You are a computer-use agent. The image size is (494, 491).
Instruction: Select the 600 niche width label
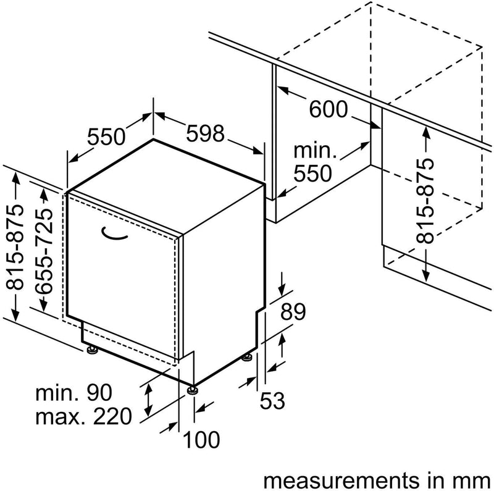tap(329, 109)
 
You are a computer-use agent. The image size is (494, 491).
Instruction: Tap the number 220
tap(112, 417)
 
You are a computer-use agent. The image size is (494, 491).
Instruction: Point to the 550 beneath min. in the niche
tap(312, 174)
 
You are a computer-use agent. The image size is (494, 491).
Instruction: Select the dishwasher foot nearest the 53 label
tap(248, 358)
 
